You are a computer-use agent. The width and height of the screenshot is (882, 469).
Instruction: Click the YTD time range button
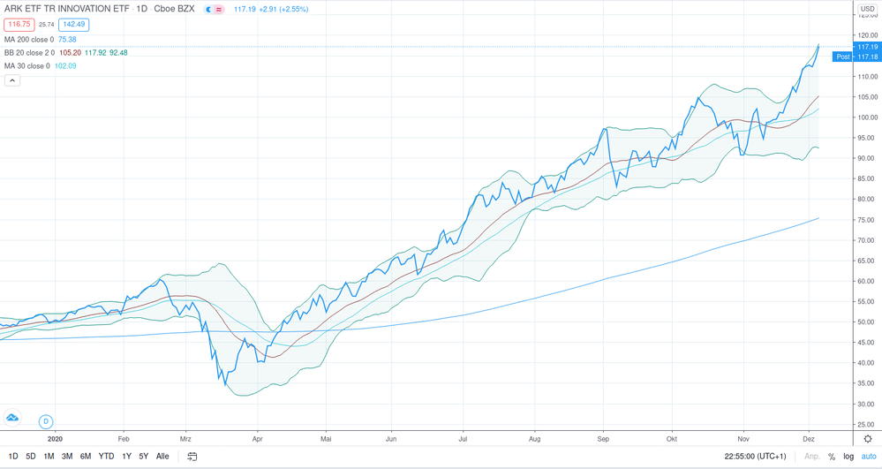click(x=106, y=457)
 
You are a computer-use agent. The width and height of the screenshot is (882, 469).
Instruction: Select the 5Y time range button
click(x=144, y=457)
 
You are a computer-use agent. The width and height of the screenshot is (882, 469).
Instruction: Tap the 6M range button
click(x=86, y=457)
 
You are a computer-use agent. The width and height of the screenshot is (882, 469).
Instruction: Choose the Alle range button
click(x=162, y=457)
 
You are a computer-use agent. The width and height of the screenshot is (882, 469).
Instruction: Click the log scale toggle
click(x=848, y=457)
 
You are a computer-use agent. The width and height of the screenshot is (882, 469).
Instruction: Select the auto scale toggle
click(x=869, y=457)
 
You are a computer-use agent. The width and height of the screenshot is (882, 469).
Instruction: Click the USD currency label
click(x=868, y=10)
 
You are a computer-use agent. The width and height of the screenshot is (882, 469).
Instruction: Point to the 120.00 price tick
click(x=867, y=35)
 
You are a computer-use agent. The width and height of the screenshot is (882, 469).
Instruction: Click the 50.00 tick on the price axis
click(x=867, y=322)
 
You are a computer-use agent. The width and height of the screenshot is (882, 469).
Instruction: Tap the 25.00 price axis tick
click(x=867, y=425)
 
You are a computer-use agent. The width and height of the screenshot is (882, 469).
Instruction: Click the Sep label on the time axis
click(x=603, y=438)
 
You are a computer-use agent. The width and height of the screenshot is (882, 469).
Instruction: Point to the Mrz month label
click(x=186, y=438)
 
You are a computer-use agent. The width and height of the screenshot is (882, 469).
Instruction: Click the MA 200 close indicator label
click(x=28, y=40)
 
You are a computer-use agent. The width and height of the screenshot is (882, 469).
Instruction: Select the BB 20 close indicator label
click(x=30, y=53)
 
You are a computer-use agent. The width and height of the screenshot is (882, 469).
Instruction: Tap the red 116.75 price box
click(x=19, y=25)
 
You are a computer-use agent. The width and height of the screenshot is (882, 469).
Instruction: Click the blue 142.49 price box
click(x=73, y=25)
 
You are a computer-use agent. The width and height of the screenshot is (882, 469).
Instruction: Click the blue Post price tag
click(x=843, y=57)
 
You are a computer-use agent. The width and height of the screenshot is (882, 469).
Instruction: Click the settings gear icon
click(x=868, y=439)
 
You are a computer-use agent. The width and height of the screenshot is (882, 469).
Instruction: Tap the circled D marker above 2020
click(x=46, y=421)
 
